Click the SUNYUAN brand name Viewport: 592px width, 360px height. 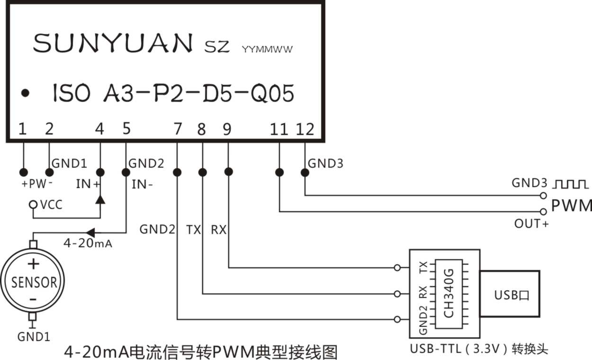click(x=113, y=43)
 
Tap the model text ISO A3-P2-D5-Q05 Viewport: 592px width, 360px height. click(x=173, y=93)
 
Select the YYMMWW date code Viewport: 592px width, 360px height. click(x=267, y=49)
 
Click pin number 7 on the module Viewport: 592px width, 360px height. click(x=178, y=129)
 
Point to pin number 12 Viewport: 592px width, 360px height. click(x=305, y=129)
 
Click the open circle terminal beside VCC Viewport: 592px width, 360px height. click(x=33, y=205)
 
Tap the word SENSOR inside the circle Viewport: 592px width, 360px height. click(x=34, y=282)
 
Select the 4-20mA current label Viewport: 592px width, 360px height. click(x=88, y=244)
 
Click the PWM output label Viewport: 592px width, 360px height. click(x=571, y=206)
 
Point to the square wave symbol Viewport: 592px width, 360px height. click(x=571, y=183)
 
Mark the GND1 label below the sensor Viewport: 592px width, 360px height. click(x=34, y=337)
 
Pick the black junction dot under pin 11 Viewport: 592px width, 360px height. click(x=279, y=172)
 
